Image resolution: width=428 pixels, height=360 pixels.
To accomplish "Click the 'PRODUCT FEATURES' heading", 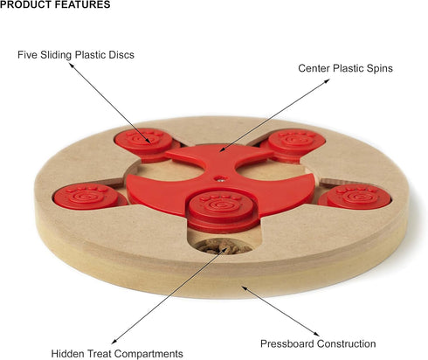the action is click(55, 4).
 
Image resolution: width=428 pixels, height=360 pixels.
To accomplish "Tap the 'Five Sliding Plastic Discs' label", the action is click(76, 55).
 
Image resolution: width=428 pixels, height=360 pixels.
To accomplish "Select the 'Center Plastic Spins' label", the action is click(345, 68).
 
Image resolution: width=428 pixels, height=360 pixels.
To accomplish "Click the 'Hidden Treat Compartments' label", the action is click(117, 354).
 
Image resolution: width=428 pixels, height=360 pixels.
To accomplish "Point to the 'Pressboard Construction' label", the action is click(318, 343).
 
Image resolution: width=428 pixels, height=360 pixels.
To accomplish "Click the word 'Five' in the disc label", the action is click(27, 55).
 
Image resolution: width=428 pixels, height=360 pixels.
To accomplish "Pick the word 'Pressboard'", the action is click(286, 343).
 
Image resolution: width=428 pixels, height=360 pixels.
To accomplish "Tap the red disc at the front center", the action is click(222, 211).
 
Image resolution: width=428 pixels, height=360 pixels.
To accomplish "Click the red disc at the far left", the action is click(90, 197).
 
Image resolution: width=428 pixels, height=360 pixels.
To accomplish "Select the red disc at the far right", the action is click(355, 197).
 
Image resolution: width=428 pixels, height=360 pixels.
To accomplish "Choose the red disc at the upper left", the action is click(146, 145).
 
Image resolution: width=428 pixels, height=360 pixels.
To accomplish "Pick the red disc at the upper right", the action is click(293, 145).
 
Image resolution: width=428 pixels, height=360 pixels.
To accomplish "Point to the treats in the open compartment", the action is click(223, 246).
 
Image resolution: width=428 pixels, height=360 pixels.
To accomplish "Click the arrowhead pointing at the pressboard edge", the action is click(245, 287).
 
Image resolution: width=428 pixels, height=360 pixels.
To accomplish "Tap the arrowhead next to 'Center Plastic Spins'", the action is click(327, 80).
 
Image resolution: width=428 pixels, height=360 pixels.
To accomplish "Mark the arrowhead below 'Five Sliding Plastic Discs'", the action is click(72, 65).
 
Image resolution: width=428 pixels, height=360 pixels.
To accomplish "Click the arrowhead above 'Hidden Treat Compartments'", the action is click(114, 342).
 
